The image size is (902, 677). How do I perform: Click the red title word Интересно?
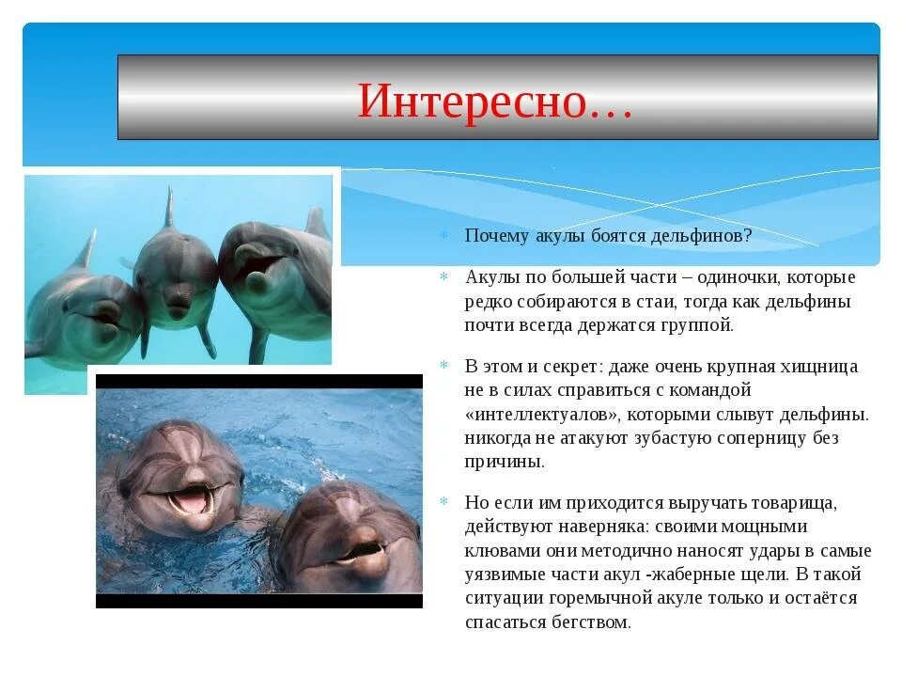point(473,101)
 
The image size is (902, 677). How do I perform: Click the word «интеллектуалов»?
point(542,415)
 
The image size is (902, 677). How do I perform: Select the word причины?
point(505,463)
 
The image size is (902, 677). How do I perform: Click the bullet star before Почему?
point(444,235)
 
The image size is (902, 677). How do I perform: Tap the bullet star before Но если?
point(444,501)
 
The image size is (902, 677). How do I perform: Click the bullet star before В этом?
point(444,365)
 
